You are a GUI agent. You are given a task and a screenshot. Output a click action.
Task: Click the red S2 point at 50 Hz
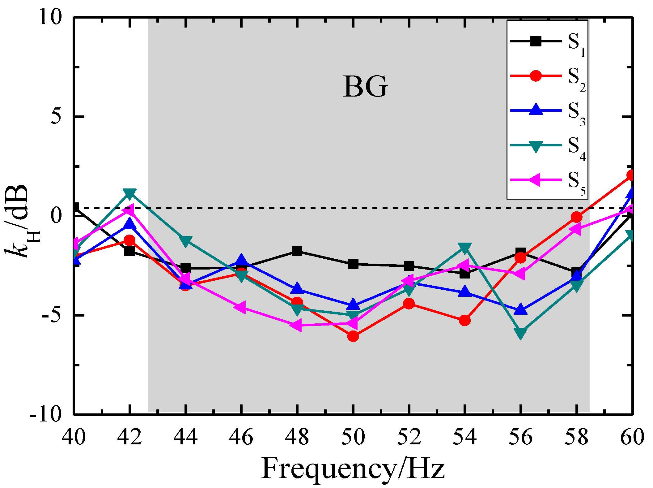tap(353, 336)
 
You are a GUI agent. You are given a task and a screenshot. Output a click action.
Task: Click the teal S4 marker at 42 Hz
tap(129, 193)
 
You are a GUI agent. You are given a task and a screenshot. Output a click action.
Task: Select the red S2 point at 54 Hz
tap(464, 320)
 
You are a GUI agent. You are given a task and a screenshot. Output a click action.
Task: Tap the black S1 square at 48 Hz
tap(297, 251)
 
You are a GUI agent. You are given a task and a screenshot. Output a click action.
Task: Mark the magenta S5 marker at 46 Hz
tap(241, 307)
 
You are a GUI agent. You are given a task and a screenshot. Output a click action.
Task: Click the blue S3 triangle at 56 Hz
tap(520, 309)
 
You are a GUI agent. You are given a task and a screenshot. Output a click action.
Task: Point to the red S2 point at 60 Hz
tap(630, 175)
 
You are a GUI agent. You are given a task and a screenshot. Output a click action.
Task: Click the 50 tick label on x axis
tap(353, 437)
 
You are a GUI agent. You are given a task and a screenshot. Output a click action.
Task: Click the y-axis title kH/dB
tap(22, 221)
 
